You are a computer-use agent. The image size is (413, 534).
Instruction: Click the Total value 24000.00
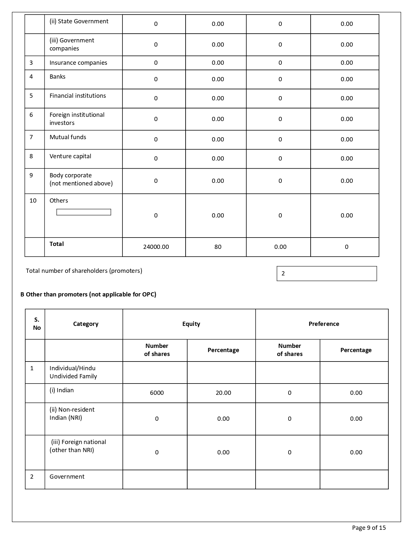[156, 247]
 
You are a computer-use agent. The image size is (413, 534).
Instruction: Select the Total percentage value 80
[218, 247]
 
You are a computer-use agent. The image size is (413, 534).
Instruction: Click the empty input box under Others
[84, 212]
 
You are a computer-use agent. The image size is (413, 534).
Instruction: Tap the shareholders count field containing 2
[327, 273]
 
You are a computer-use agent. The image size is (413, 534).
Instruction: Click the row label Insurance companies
[78, 63]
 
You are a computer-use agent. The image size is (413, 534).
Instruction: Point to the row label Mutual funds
[68, 137]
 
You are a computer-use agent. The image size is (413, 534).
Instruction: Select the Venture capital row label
[70, 156]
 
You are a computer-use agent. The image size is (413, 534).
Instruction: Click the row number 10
[33, 201]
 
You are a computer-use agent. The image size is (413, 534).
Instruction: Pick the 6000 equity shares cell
[157, 393]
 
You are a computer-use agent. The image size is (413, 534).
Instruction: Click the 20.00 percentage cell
[223, 393]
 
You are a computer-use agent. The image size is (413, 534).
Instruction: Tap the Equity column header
[191, 324]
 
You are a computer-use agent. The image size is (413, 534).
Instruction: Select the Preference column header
[324, 324]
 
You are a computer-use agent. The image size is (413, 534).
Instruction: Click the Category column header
[86, 324]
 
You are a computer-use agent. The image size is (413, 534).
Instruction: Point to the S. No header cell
[37, 324]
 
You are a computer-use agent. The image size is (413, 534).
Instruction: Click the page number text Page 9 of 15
[369, 528]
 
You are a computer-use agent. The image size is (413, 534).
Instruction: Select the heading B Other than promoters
[88, 295]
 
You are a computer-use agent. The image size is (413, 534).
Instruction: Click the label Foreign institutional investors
[77, 119]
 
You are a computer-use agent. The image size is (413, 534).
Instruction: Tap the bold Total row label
[57, 244]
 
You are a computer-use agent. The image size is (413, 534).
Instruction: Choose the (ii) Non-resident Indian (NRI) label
[72, 414]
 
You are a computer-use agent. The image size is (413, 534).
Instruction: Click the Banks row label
[57, 77]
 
